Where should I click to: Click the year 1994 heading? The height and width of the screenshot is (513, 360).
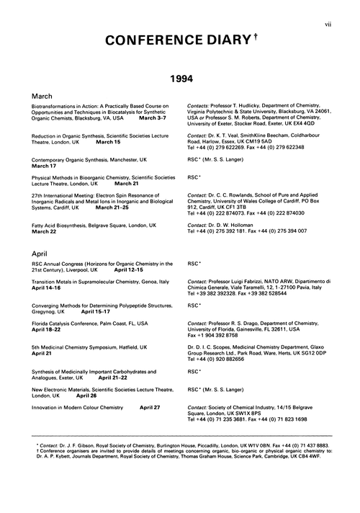(x=180, y=76)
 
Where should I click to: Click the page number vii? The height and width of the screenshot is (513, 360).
(x=348, y=7)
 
